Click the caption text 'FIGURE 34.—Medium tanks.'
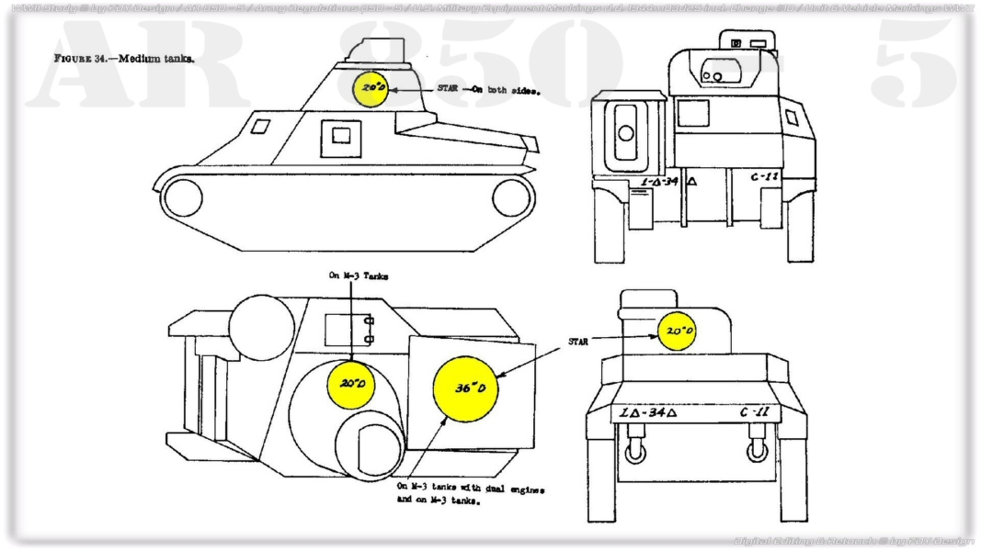pos(123,59)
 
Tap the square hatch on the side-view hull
pos(341,136)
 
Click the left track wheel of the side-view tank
pos(181,197)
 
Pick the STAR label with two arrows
pos(577,341)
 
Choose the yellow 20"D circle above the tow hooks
pos(678,331)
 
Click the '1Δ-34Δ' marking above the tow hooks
pos(647,412)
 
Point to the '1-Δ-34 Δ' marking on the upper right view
pos(667,181)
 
